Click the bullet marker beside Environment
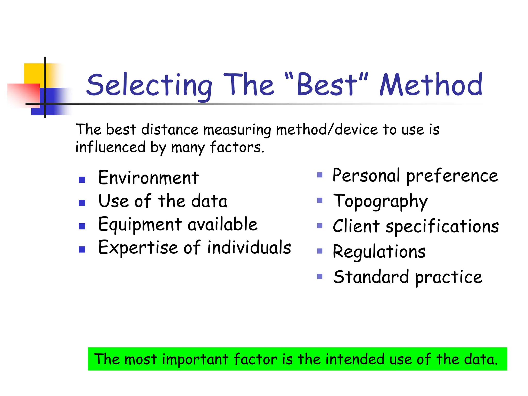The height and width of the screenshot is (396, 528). tap(82, 180)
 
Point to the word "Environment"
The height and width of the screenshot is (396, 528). tap(148, 178)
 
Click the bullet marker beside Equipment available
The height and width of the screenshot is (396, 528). tap(82, 226)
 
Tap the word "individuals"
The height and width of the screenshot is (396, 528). tap(249, 247)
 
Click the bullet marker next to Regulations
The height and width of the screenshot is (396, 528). tap(320, 251)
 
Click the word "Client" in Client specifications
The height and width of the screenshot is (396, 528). tap(356, 226)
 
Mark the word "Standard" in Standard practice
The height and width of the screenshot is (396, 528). tap(371, 277)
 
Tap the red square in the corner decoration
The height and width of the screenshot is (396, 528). tap(23, 94)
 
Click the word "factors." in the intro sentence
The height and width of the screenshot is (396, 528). tap(237, 147)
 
